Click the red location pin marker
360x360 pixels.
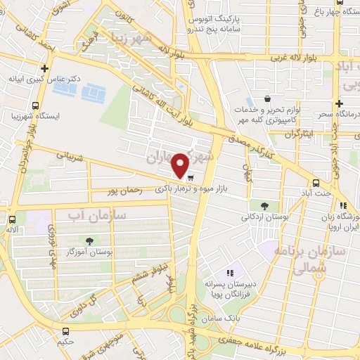pyautogui.click(x=181, y=165)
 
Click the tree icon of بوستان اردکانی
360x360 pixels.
pyautogui.click(x=264, y=206)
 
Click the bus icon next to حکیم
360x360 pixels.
pyautogui.click(x=66, y=331)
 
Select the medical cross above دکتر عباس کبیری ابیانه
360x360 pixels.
pyautogui.click(x=45, y=69)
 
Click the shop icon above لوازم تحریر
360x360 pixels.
pyautogui.click(x=266, y=100)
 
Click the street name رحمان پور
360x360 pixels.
pyautogui.click(x=124, y=191)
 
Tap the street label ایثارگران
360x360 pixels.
pyautogui.click(x=295, y=133)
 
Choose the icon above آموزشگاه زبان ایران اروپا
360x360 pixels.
pyautogui.click(x=342, y=205)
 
